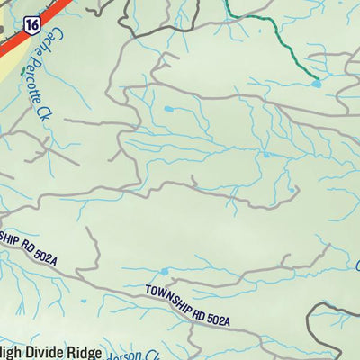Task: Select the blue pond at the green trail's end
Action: [x=316, y=84]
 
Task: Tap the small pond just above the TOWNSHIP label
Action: [x=164, y=271]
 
